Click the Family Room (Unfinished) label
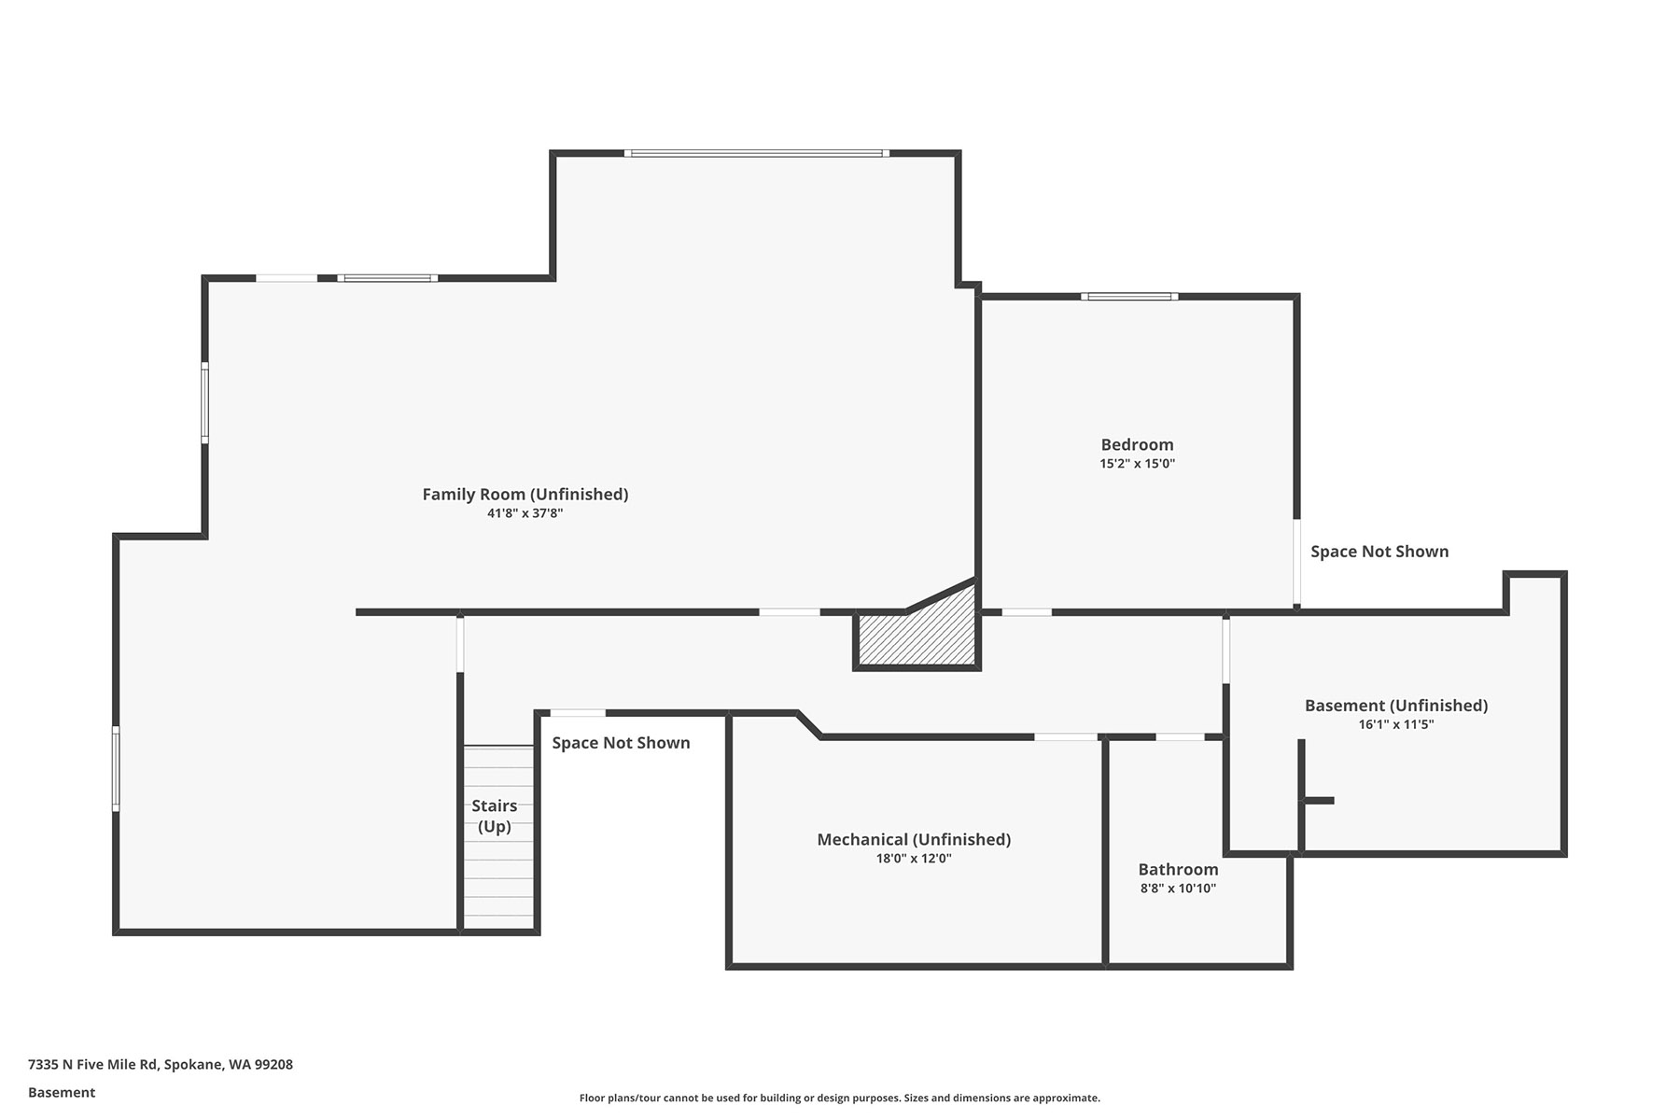point(525,495)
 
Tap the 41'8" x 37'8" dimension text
point(525,513)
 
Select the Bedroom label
point(1137,445)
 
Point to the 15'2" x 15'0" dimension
point(1137,464)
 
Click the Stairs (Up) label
point(494,816)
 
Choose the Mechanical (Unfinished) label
point(914,840)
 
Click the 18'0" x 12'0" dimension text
point(914,859)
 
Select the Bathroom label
point(1178,870)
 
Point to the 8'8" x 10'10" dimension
point(1178,889)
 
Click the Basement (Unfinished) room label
point(1396,706)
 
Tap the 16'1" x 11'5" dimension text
point(1396,724)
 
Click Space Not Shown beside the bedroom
point(1379,552)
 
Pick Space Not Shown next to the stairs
point(621,743)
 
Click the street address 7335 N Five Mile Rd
point(93,1064)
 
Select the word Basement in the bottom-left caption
point(62,1092)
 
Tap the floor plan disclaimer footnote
point(840,1099)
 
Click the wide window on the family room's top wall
point(756,153)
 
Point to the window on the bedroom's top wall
point(1129,297)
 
